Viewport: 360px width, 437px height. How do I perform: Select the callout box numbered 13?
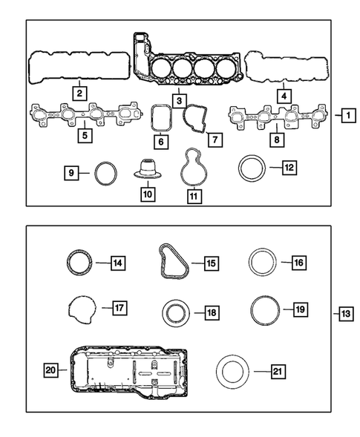(347, 315)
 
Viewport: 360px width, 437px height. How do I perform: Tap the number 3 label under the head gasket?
(179, 99)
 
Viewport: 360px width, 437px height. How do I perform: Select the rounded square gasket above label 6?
(161, 118)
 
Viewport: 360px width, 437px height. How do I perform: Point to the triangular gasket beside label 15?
(169, 263)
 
